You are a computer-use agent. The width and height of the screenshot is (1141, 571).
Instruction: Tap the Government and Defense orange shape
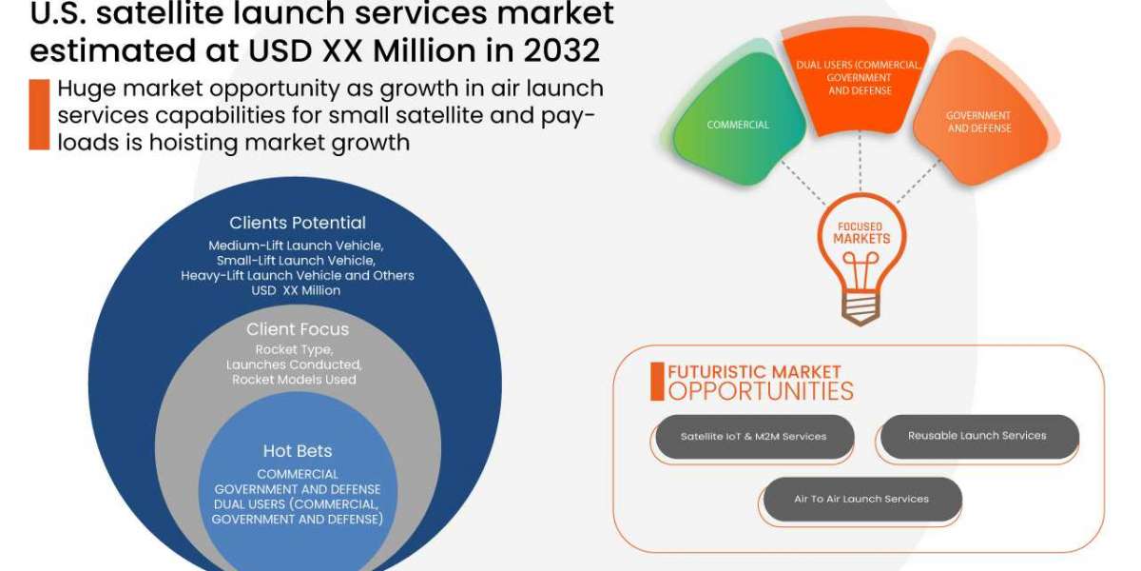pyautogui.click(x=978, y=121)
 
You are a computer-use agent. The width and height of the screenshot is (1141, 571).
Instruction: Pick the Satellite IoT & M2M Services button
pyautogui.click(x=753, y=437)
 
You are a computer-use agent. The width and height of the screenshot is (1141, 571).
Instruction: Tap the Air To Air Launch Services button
pyautogui.click(x=861, y=499)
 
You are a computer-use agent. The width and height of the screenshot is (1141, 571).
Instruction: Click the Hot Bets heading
pyautogui.click(x=297, y=450)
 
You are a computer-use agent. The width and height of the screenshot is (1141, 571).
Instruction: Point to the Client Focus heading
pyautogui.click(x=298, y=329)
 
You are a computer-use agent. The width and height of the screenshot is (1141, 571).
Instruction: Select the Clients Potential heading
pyautogui.click(x=298, y=223)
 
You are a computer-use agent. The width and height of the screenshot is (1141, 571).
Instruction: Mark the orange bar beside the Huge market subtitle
pyautogui.click(x=38, y=114)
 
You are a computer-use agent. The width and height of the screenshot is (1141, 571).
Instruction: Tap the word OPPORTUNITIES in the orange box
pyautogui.click(x=761, y=390)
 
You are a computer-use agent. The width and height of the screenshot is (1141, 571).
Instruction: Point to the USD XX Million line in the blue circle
pyautogui.click(x=298, y=290)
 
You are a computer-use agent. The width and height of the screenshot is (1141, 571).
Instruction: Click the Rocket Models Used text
pyautogui.click(x=294, y=380)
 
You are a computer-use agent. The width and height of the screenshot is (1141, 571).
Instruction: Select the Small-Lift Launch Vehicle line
pyautogui.click(x=296, y=260)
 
